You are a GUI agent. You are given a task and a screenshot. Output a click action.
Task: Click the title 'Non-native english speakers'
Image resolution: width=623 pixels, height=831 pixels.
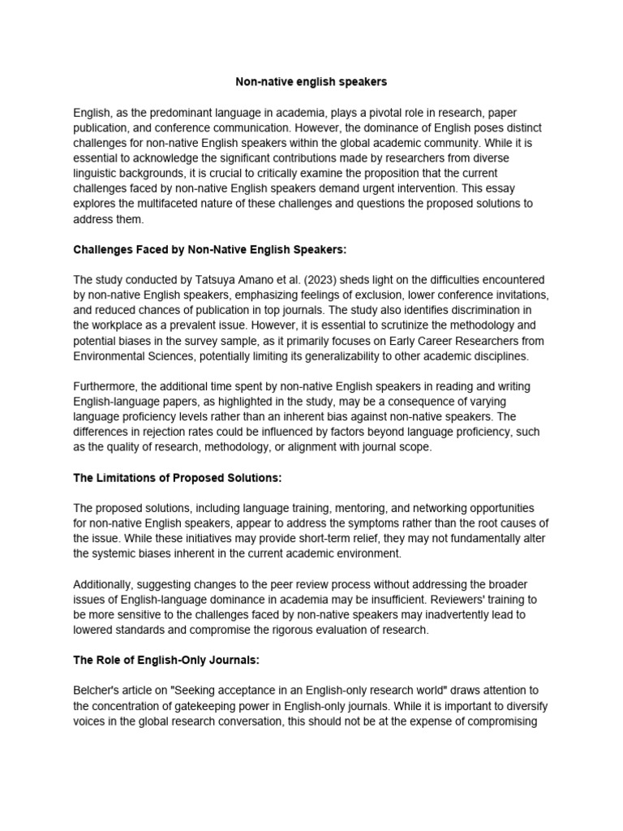pos(311,82)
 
